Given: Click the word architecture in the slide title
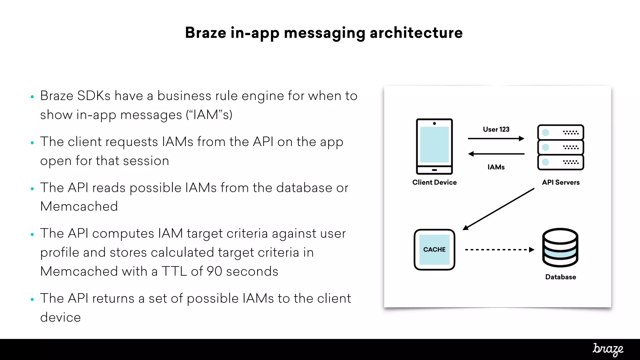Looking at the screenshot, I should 416,33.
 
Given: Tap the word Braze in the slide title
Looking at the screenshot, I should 205,33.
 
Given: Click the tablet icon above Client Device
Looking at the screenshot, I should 434,146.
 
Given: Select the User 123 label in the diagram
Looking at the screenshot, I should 496,129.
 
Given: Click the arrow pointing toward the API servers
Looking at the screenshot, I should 496,138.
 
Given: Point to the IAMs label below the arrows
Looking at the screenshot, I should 496,167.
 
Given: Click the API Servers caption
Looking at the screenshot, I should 561,182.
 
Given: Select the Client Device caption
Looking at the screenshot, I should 434,182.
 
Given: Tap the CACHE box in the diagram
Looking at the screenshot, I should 434,249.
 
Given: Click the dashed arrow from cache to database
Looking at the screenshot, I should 499,250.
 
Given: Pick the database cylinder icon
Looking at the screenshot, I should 560,247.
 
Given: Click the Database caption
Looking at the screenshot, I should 560,277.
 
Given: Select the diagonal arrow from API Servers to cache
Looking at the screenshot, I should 499,209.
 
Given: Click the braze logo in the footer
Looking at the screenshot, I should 608,349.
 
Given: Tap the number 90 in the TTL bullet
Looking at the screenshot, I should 214,271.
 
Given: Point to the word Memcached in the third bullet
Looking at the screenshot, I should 79,207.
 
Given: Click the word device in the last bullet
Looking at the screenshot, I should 61,317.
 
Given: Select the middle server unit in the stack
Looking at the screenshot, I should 561,147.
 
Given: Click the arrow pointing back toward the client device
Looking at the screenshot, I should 496,154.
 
